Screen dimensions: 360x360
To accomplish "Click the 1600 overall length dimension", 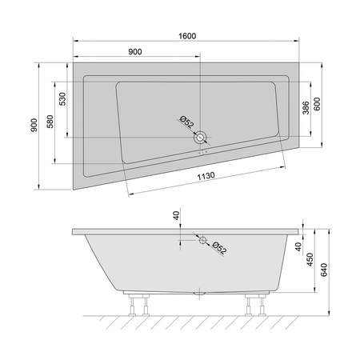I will click(188, 35).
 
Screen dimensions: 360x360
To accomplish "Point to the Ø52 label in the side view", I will click(218, 248).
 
